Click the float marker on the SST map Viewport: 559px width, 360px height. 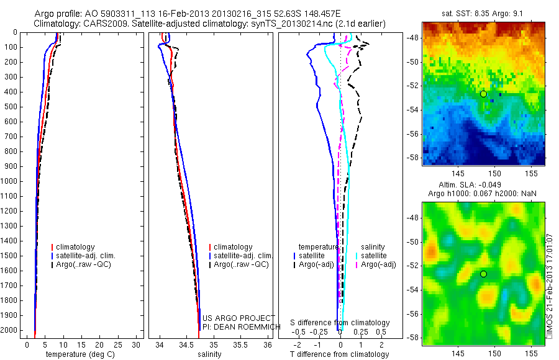click(483, 94)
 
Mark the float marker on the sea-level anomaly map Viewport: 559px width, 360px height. click(483, 274)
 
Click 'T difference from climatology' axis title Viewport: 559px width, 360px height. click(339, 354)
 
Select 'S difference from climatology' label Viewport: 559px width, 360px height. click(340, 323)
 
